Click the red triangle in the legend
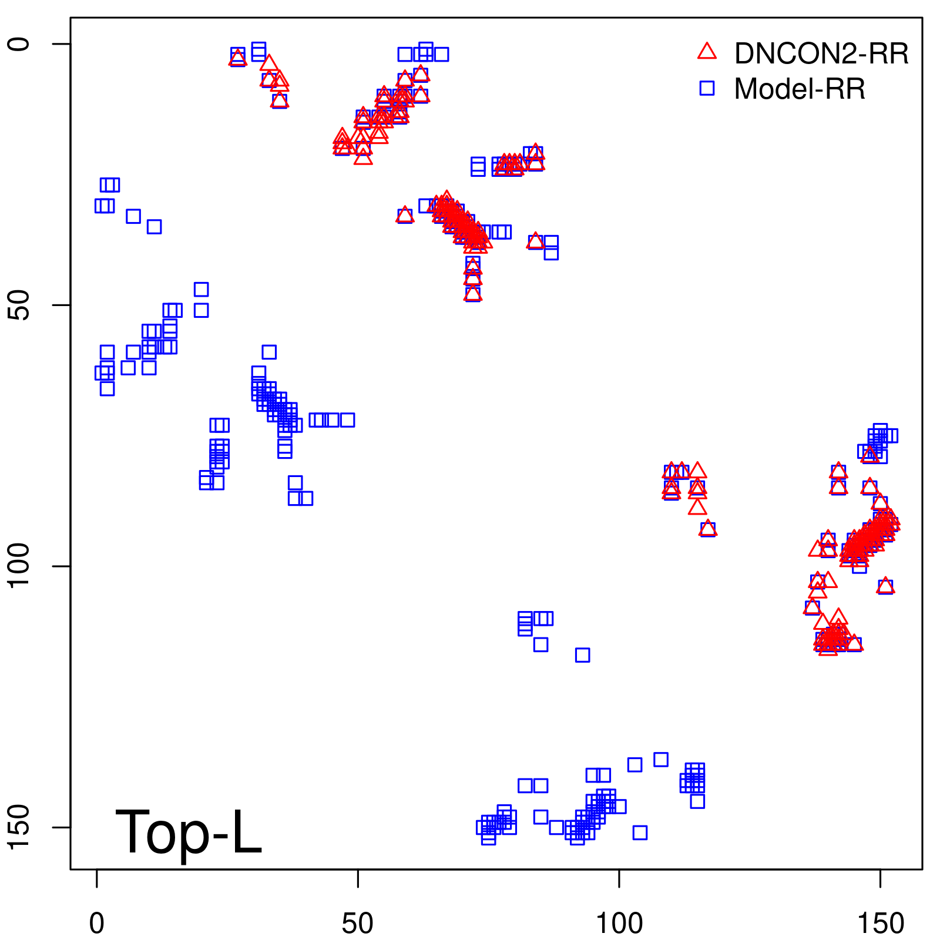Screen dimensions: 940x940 point(707,52)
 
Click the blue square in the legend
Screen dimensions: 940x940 point(707,89)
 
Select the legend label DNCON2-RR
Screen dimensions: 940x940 point(821,54)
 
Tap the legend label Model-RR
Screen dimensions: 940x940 point(800,89)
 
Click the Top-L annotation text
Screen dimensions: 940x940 point(188,832)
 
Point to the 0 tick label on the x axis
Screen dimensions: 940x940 point(97,924)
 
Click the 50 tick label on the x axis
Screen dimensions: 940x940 point(358,924)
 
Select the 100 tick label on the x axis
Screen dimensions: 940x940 point(619,924)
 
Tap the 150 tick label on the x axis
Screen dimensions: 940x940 point(880,924)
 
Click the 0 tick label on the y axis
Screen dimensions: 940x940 point(19,44)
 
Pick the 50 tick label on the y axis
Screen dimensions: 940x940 point(19,305)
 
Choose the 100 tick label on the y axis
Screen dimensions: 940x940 point(19,566)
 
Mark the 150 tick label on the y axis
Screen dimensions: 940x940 point(19,827)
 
